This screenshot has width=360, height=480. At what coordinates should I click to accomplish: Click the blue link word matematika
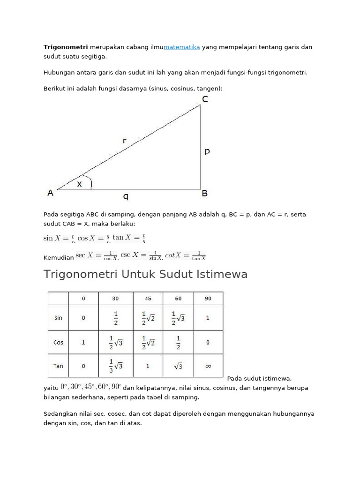pyautogui.click(x=182, y=47)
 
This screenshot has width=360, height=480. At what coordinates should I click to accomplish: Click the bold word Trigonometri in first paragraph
pyautogui.click(x=66, y=47)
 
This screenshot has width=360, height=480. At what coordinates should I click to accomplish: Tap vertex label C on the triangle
pyautogui.click(x=205, y=99)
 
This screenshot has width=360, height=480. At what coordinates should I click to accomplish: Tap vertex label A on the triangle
pyautogui.click(x=50, y=193)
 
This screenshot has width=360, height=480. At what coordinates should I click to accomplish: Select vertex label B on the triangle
pyautogui.click(x=205, y=193)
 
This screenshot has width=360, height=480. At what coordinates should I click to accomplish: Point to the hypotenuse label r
pyautogui.click(x=125, y=140)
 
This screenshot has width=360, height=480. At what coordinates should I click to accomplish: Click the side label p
pyautogui.click(x=207, y=151)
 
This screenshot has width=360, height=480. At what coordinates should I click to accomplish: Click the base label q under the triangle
pyautogui.click(x=126, y=197)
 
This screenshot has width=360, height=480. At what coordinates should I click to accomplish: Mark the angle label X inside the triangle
pyautogui.click(x=80, y=184)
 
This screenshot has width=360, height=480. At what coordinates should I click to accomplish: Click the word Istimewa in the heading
pyautogui.click(x=220, y=274)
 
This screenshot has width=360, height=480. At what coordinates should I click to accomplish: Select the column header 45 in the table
pyautogui.click(x=148, y=299)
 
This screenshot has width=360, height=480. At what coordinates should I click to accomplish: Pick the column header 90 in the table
pyautogui.click(x=208, y=299)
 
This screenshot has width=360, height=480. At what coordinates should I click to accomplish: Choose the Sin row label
pyautogui.click(x=58, y=318)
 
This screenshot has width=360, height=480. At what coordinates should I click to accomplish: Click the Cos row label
pyautogui.click(x=58, y=342)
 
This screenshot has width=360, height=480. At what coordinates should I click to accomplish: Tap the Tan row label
pyautogui.click(x=58, y=366)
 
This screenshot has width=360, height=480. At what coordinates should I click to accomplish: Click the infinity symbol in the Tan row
pyautogui.click(x=208, y=366)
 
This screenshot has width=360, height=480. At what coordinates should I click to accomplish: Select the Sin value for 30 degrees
pyautogui.click(x=116, y=318)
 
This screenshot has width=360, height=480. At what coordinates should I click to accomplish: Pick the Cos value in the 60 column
pyautogui.click(x=178, y=342)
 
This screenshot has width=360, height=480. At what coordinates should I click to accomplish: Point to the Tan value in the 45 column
pyautogui.click(x=148, y=366)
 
